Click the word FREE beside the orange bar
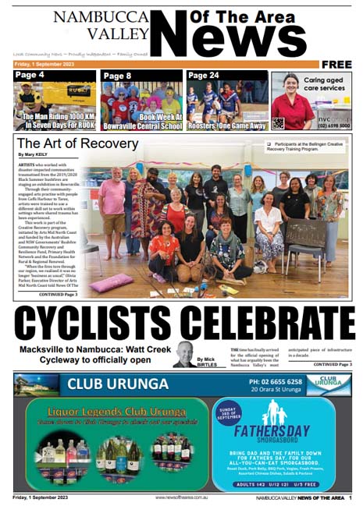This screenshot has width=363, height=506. coord(336,64)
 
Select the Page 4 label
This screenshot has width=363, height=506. coord(30,75)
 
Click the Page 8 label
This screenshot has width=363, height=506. coord(117,76)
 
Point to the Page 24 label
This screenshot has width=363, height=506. coord(205,75)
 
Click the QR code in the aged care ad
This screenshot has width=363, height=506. coord(278,122)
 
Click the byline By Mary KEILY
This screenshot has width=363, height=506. coord(33,154)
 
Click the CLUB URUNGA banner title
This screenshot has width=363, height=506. coord(118,384)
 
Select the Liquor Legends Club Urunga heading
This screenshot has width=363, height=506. coord(110,410)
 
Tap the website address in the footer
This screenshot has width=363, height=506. coord(182,497)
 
